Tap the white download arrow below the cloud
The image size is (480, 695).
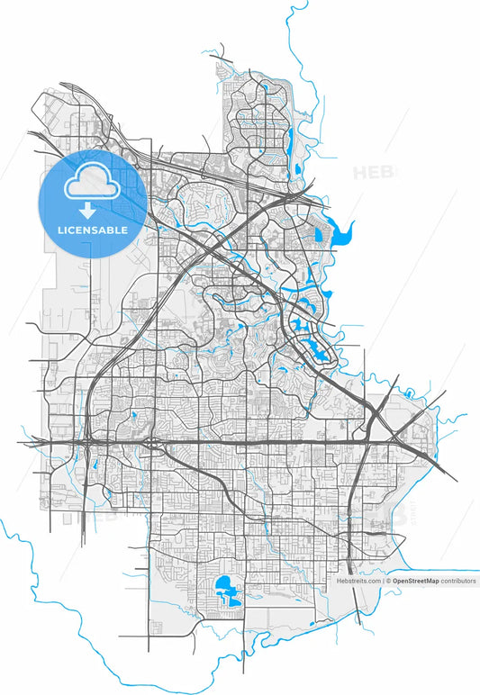tap(88, 212)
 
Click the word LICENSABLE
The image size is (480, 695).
tap(93, 230)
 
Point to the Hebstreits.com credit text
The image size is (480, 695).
tap(358, 582)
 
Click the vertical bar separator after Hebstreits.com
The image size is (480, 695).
tap(382, 582)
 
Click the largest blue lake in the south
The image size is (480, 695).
tap(225, 591)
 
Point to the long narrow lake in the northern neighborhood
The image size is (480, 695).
tap(290, 138)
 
